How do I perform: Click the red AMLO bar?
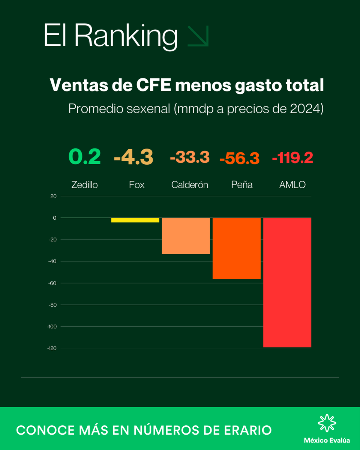(x=287, y=282)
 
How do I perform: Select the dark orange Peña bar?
(x=237, y=248)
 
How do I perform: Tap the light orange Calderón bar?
(x=186, y=236)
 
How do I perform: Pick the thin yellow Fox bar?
(x=135, y=220)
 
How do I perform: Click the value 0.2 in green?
(x=84, y=157)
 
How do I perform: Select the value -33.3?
(x=189, y=157)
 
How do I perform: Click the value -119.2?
(x=292, y=158)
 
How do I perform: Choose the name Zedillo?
(x=84, y=184)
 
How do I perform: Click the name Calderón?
(x=189, y=184)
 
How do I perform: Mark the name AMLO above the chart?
(x=292, y=184)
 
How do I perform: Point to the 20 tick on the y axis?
(x=53, y=196)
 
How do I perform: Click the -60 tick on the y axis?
(x=52, y=283)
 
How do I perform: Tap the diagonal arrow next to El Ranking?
(x=198, y=37)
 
